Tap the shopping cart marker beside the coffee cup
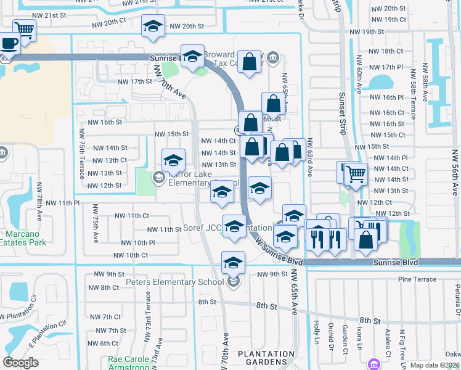point(24,28)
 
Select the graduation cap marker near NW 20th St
point(153,26)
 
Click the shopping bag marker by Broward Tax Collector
point(249,62)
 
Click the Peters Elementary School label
point(174,282)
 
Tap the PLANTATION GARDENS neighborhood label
point(257,358)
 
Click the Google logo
point(20,363)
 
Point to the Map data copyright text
point(434,365)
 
